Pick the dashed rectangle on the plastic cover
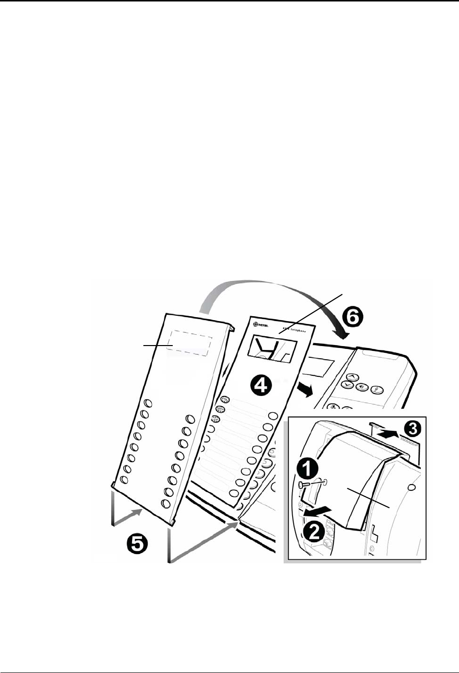click(190, 343)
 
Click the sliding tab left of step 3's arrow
click(377, 425)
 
